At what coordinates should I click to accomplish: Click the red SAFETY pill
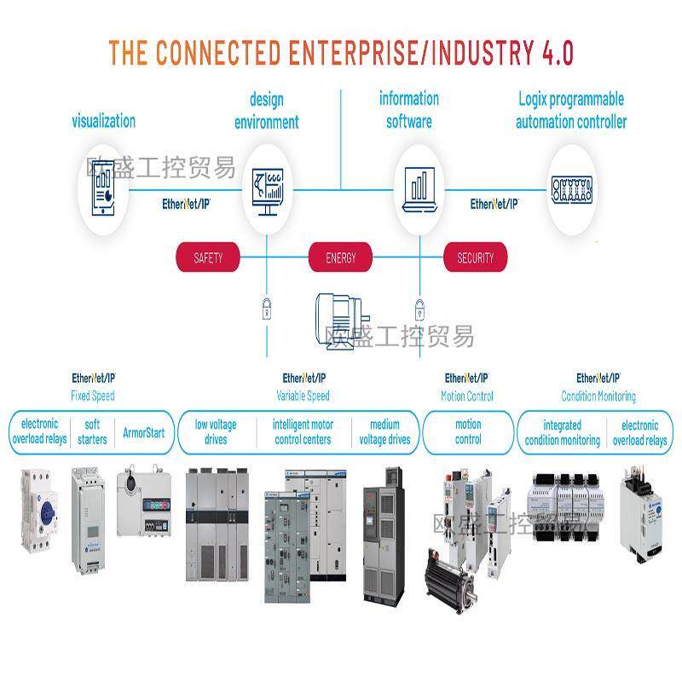[208, 257]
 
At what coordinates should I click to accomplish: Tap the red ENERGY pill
[341, 257]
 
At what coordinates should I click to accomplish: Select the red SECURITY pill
[475, 257]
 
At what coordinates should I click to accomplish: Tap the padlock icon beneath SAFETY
[266, 307]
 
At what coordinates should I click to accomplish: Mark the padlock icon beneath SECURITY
[419, 307]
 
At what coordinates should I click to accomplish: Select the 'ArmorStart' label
[144, 432]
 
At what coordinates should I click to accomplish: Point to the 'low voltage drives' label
[216, 432]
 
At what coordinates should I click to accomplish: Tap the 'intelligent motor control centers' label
[303, 432]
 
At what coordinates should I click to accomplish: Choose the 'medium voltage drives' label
[384, 432]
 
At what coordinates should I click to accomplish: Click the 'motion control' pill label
[468, 432]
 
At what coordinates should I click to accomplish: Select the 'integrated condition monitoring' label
[562, 433]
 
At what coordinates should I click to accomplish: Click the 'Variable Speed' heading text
[303, 396]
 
